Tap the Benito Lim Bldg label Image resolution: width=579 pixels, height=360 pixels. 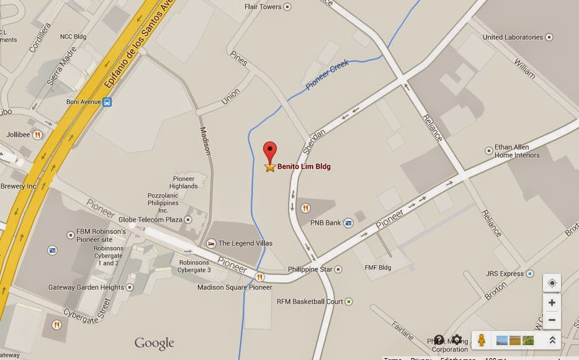coord(303,166)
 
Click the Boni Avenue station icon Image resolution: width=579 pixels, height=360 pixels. coord(107,102)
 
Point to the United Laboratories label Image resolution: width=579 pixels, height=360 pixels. coord(513,37)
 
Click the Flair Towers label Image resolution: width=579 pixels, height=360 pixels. coord(264,7)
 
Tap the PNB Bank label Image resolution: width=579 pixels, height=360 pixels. coord(325,223)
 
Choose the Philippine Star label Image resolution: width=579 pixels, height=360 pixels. coord(310,269)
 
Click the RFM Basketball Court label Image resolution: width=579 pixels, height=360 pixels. coord(310,302)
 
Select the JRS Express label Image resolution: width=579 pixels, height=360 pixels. coord(505,274)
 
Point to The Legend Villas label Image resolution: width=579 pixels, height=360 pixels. coord(245,243)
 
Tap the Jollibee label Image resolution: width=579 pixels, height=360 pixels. coord(17,133)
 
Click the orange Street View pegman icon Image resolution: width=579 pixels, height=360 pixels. coord(482,340)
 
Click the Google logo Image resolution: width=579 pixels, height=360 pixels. coord(155,343)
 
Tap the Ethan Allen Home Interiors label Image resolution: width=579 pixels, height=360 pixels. coord(516,151)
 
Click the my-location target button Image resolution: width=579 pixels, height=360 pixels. coord(552,283)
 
